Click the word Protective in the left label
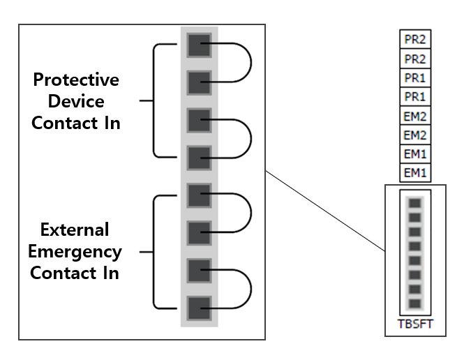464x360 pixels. pos(76,80)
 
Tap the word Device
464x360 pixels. pos(76,102)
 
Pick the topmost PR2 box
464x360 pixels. pos(415,39)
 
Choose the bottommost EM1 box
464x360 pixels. pos(415,172)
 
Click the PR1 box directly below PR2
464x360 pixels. pos(415,77)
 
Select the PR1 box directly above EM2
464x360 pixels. pos(415,96)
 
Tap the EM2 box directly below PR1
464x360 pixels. pos(415,115)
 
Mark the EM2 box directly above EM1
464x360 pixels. pos(415,134)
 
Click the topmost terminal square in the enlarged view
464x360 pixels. pos(200,47)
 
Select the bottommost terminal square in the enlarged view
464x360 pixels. pos(200,307)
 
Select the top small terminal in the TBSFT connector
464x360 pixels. pos(415,204)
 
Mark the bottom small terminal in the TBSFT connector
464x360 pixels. pos(415,303)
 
